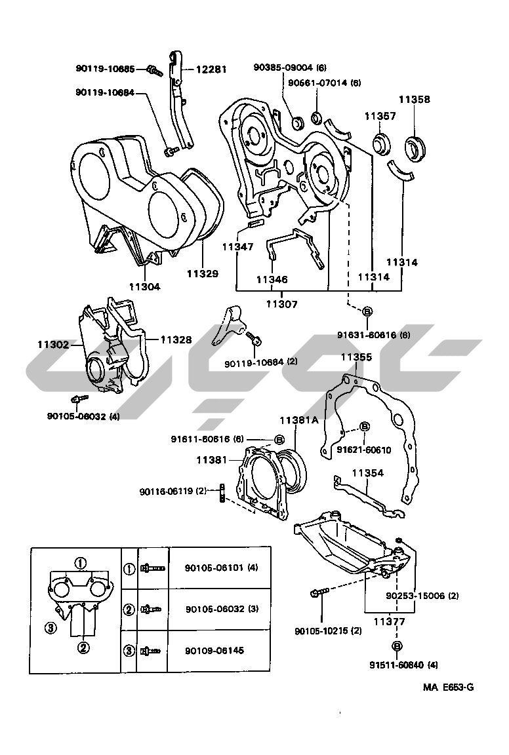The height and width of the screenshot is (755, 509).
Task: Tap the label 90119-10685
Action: [x=105, y=68]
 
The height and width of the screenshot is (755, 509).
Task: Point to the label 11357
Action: [x=380, y=115]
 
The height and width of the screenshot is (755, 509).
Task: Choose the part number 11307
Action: [x=281, y=303]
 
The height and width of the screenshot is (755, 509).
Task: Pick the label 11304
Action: [x=145, y=286]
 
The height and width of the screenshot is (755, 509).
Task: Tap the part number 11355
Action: [x=356, y=357]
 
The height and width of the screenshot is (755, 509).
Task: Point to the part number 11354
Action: [x=367, y=473]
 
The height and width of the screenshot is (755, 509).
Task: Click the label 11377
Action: [x=389, y=621]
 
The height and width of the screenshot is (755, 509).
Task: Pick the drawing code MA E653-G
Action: [x=447, y=687]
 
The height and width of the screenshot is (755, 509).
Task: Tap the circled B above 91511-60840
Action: [x=396, y=647]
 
